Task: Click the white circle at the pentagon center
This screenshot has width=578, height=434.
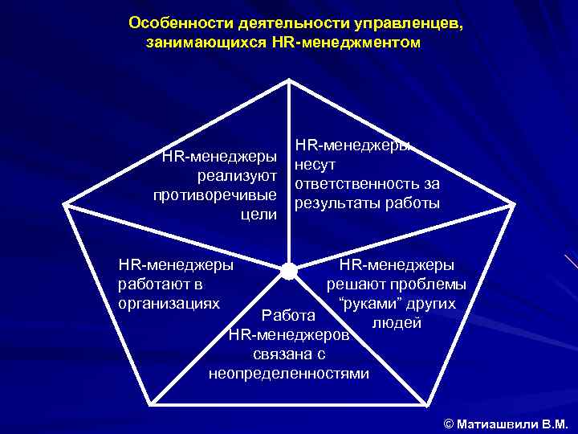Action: pyautogui.click(x=288, y=272)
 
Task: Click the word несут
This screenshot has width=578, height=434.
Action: pyautogui.click(x=315, y=165)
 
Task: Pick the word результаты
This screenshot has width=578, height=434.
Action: pyautogui.click(x=334, y=203)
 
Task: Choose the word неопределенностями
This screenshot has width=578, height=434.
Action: pyautogui.click(x=289, y=373)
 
